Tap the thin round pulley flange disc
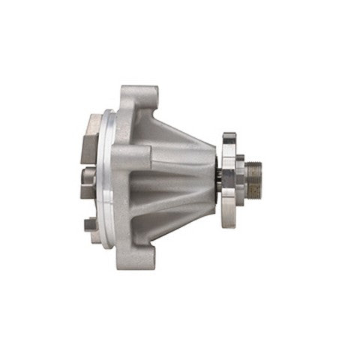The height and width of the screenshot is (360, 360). tap(228, 180)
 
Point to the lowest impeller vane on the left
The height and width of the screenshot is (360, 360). tap(90, 223)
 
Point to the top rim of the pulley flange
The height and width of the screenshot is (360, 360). tap(229, 136)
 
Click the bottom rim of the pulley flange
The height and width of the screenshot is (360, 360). tap(228, 223)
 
